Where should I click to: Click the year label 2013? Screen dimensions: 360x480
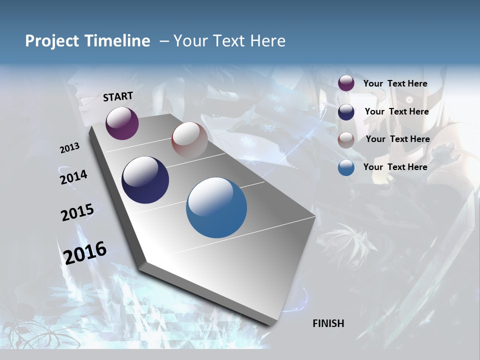[70, 148]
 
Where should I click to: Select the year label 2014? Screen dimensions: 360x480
[74, 177]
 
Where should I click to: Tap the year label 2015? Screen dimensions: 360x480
[77, 212]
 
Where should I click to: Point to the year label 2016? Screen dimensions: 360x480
[85, 252]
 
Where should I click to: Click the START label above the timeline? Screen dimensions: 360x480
[118, 96]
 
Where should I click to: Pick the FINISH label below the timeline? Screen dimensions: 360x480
[328, 323]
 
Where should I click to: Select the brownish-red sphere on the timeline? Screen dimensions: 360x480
[189, 140]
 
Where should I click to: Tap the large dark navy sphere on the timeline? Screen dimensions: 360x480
[145, 180]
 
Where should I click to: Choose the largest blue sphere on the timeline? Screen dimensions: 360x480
[216, 207]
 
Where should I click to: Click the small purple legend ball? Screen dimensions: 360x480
[346, 83]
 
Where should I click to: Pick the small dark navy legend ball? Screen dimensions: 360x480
[346, 112]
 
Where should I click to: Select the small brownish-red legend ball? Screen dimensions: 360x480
[346, 140]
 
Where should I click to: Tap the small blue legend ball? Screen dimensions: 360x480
[346, 167]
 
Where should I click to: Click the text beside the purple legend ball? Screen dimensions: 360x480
[395, 83]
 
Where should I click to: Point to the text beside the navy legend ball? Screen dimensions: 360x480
[396, 111]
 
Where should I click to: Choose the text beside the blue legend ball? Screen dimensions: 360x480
[395, 167]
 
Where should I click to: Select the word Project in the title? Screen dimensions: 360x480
[51, 41]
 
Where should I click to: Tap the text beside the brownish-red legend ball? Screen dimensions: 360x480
[397, 139]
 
